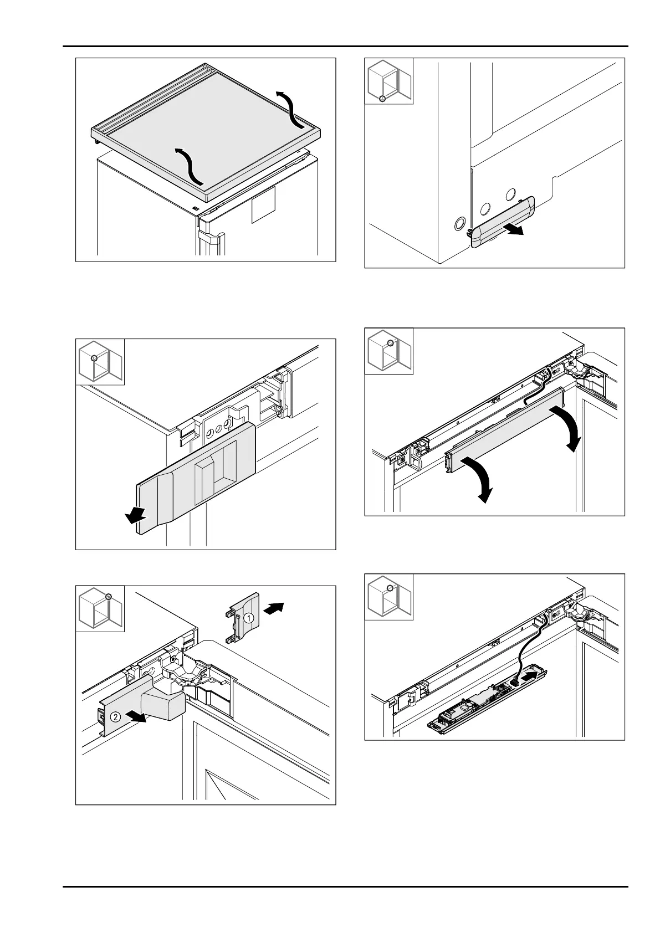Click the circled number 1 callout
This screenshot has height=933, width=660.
pos(249,617)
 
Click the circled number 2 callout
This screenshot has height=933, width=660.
pos(115,716)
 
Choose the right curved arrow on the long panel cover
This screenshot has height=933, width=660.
pos(567,427)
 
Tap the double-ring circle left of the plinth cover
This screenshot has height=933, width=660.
pos(459,224)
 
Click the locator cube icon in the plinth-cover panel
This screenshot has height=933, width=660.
pos(388,81)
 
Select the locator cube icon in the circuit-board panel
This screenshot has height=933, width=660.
pos(388,597)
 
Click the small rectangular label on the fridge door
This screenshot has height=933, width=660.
pos(264,204)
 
